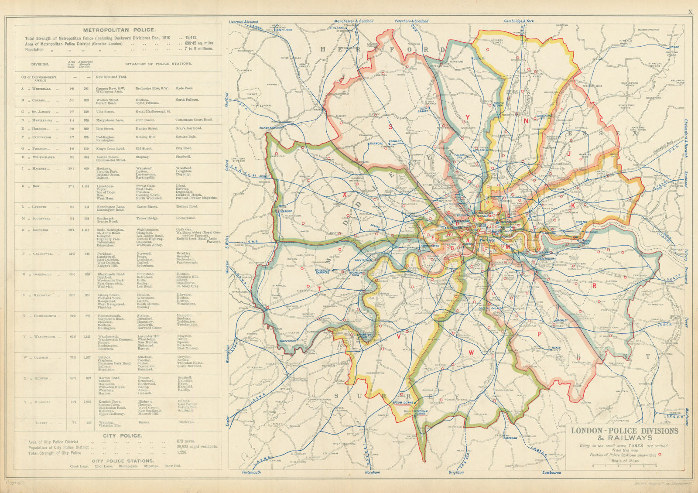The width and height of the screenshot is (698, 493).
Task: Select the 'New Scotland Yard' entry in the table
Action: (111, 77)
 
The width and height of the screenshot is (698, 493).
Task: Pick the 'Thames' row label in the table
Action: (41, 422)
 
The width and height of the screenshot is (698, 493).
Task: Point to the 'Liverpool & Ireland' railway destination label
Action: (243, 21)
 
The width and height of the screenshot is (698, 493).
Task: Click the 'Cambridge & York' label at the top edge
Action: (519, 21)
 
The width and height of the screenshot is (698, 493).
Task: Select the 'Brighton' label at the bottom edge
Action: (456, 472)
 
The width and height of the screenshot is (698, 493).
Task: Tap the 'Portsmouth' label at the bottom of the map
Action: (251, 472)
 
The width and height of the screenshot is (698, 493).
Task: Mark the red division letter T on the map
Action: (319, 288)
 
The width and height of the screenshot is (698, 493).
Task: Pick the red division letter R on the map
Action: (594, 286)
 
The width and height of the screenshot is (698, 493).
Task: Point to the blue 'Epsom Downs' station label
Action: (403, 402)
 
